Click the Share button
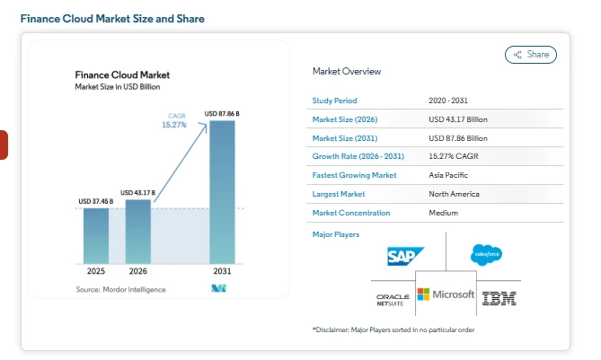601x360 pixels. click(531, 55)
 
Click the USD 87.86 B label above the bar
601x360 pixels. click(222, 113)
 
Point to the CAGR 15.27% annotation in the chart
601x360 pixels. click(175, 120)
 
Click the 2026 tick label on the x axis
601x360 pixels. click(138, 270)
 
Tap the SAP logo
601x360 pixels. click(405, 257)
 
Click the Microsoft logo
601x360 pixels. click(446, 294)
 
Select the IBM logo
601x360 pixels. click(499, 298)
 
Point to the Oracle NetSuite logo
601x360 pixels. click(393, 299)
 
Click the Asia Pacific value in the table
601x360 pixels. click(449, 175)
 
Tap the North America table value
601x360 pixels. click(454, 194)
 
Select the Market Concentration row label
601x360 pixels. click(350, 213)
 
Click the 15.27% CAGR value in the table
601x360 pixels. click(454, 156)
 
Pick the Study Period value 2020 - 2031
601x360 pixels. click(451, 100)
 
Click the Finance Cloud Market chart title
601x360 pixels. click(121, 75)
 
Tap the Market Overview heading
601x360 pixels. click(346, 71)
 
